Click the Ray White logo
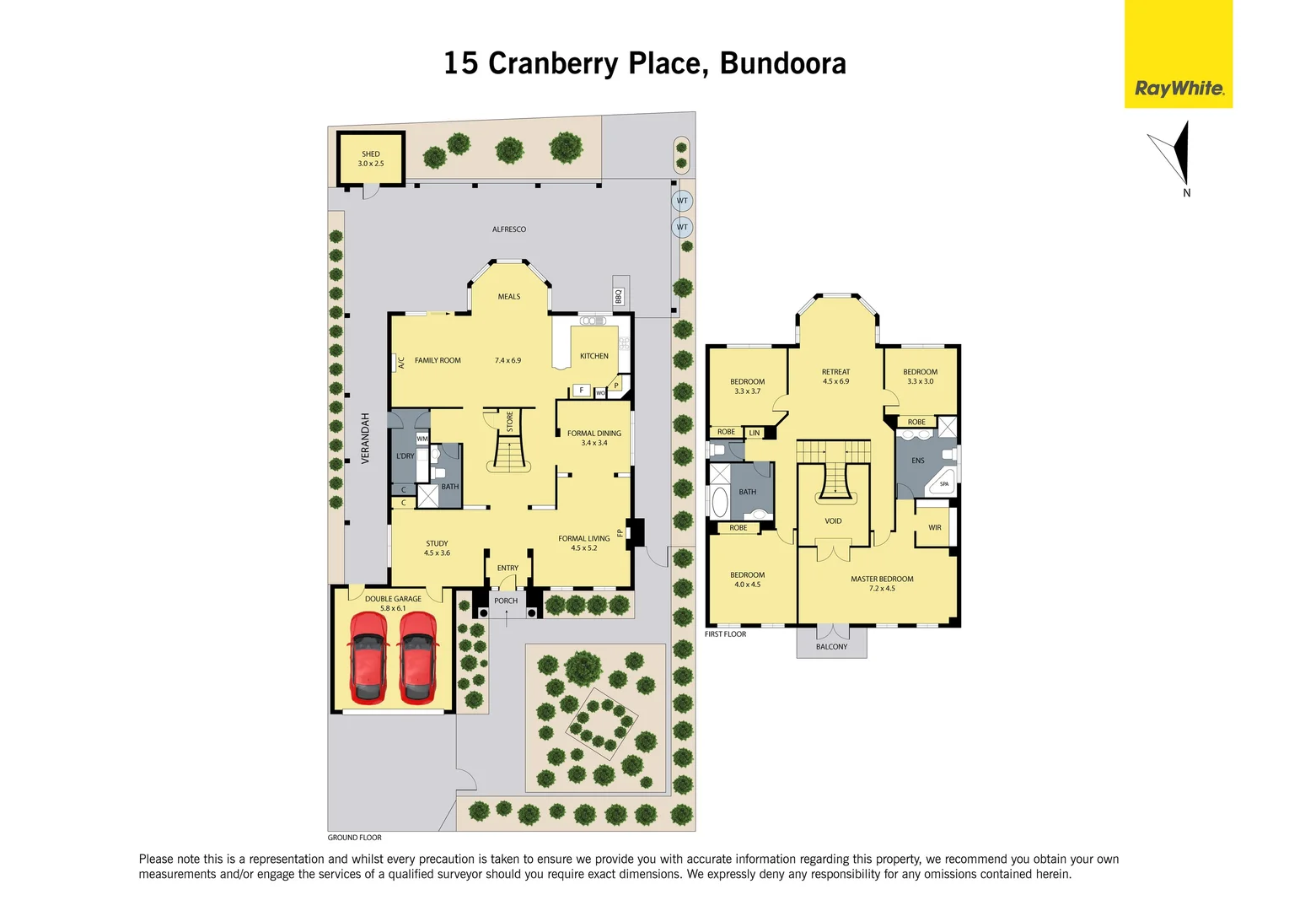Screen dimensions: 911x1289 pos(1179,88)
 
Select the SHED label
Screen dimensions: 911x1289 pos(371,154)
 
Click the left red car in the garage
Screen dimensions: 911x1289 pos(368,658)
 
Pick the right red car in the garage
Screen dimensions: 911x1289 pos(418,658)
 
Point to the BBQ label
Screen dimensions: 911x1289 pos(619,297)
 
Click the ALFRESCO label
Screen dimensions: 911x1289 pos(509,229)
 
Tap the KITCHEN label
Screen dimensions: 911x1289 pos(594,356)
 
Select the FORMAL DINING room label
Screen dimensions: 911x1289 pos(594,434)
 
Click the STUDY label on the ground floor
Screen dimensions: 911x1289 pos(437,544)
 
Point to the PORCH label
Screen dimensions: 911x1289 pos(506,601)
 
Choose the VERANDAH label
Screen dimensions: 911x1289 pos(366,438)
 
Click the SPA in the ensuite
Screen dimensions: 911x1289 pos(943,484)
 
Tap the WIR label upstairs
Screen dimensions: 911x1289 pos(935,528)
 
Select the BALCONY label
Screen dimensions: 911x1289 pos(831,647)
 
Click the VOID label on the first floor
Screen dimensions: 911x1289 pos(833,521)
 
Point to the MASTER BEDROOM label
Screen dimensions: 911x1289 pos(882,579)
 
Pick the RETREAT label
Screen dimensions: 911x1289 pos(836,372)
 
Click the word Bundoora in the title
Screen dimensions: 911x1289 pos(783,64)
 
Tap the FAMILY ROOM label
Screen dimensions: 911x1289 pos(438,361)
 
